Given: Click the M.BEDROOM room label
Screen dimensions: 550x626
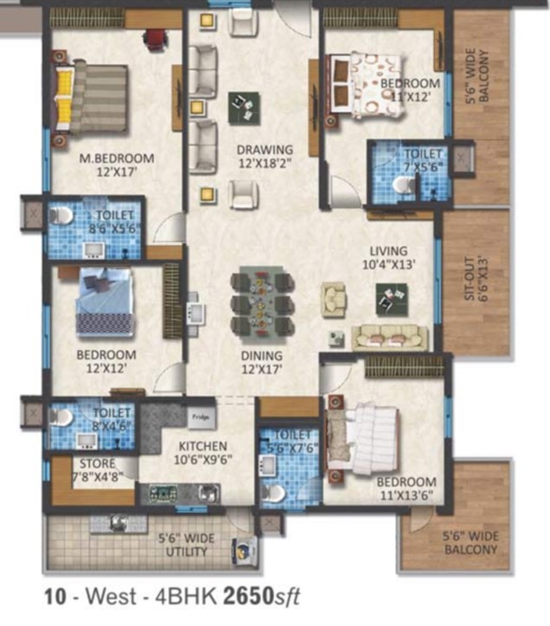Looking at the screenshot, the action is click(117, 158).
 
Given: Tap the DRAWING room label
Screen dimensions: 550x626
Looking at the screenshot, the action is click(265, 150).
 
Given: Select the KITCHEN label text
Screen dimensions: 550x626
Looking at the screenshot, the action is click(203, 446).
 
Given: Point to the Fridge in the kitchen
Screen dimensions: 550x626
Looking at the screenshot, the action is click(201, 417).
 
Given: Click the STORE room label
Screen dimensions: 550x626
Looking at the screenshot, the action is click(98, 463).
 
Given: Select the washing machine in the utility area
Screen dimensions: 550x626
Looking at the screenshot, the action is click(244, 552).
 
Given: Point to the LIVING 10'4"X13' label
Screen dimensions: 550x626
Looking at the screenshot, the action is click(389, 257).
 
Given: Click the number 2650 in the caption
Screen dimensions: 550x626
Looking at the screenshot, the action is click(248, 597).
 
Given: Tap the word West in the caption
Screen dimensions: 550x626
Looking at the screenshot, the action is click(112, 597).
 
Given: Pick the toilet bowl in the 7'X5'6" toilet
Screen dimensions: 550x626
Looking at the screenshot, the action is click(404, 184).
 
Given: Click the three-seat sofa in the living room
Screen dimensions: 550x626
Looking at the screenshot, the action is click(390, 338).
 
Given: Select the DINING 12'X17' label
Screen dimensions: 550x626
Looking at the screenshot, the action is click(262, 362).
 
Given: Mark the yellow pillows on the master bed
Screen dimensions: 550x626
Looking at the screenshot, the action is click(65, 97).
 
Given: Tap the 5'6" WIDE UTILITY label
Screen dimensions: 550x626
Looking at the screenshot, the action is click(187, 545).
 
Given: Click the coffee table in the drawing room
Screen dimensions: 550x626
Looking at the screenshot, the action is click(244, 108).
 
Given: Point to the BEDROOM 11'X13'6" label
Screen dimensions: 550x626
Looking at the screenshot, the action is click(406, 488).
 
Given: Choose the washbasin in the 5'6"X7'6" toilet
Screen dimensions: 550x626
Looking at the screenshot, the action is click(267, 466).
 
